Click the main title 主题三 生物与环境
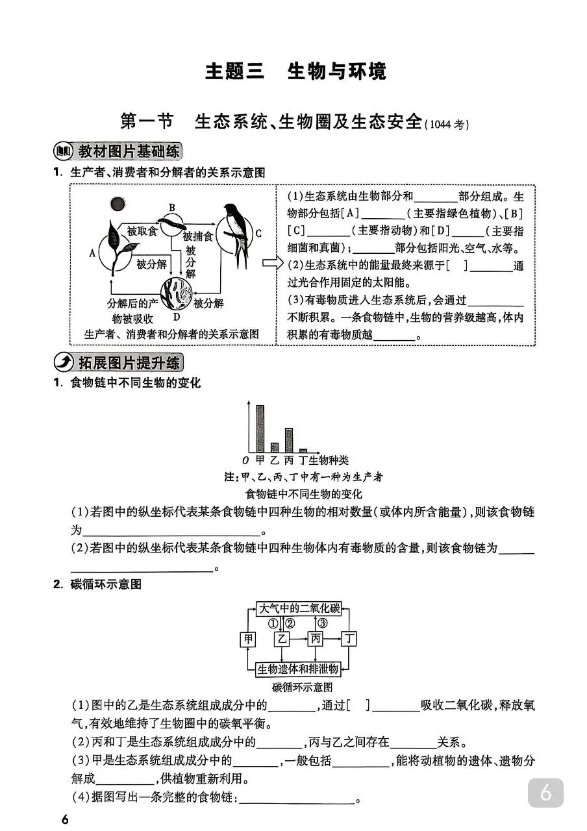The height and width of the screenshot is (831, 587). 295,71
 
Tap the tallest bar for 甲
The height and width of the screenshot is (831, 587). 260,428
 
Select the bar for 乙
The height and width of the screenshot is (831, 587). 275,447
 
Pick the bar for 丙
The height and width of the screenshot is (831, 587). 289,440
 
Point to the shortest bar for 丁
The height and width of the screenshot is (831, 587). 303,450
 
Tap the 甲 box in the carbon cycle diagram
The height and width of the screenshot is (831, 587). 249,639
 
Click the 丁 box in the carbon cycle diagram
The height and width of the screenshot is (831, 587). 349,639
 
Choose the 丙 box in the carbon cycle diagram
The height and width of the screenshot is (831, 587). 316,639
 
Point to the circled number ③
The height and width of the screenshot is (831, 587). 323,624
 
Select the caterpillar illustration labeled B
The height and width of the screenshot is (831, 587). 173,224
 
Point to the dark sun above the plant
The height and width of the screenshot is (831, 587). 117,205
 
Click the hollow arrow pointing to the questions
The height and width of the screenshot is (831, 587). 273,263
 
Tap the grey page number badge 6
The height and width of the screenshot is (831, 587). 545,793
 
